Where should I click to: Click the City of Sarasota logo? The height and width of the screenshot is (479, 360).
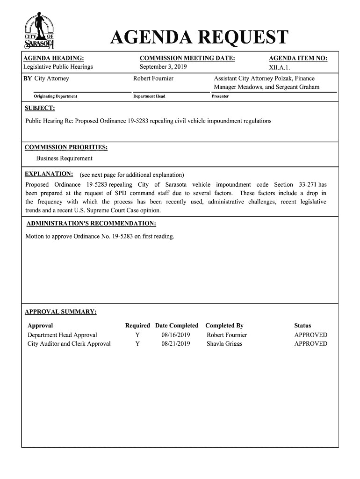[40, 31]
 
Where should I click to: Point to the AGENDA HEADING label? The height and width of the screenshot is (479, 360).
[54, 58]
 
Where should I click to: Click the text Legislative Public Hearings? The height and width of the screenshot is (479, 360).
[58, 67]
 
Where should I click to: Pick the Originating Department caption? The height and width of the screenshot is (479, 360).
[55, 96]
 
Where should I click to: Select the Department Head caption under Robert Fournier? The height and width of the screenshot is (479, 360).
[149, 96]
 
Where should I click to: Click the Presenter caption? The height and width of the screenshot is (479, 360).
[220, 96]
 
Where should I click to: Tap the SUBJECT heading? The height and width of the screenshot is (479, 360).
[40, 109]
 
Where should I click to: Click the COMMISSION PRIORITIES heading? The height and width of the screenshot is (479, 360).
[66, 148]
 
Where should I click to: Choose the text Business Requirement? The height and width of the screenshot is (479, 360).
[65, 159]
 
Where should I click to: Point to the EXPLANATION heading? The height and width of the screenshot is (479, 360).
[49, 174]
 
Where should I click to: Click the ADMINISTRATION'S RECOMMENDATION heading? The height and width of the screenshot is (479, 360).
[91, 223]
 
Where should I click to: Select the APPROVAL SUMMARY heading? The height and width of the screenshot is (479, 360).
[61, 312]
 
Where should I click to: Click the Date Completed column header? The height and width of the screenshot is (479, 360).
[177, 326]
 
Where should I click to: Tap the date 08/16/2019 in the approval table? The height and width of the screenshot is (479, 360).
[176, 335]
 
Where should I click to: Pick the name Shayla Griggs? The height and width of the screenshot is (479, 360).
[224, 344]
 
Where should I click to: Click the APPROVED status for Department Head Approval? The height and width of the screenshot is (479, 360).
[310, 335]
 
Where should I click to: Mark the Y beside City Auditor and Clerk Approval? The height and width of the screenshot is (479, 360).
[137, 344]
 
